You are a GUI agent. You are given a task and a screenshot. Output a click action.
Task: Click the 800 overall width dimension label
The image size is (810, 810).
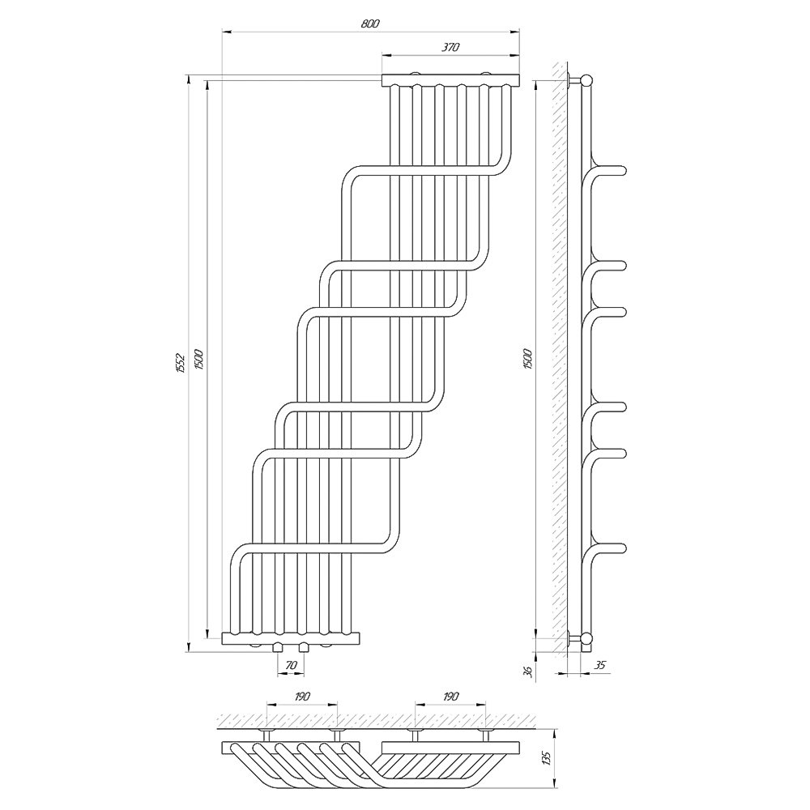[x=370, y=23]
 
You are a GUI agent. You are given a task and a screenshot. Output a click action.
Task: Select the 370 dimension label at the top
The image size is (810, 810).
[x=450, y=47]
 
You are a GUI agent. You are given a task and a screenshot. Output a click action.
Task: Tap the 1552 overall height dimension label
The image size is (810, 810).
[x=180, y=363]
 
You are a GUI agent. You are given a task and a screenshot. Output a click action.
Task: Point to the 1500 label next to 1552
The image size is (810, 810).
[x=200, y=359]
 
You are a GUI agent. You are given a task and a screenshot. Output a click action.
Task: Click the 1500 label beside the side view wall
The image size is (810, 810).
[x=527, y=359]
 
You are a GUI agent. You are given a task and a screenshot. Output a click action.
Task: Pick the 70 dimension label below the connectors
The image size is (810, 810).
[x=291, y=665]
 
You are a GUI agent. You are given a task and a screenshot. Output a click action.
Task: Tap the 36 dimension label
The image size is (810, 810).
[x=527, y=671]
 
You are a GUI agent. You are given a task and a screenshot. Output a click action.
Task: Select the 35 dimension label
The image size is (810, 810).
[x=599, y=665]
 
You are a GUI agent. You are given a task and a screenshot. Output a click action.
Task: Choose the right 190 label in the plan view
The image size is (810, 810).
[x=450, y=697]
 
